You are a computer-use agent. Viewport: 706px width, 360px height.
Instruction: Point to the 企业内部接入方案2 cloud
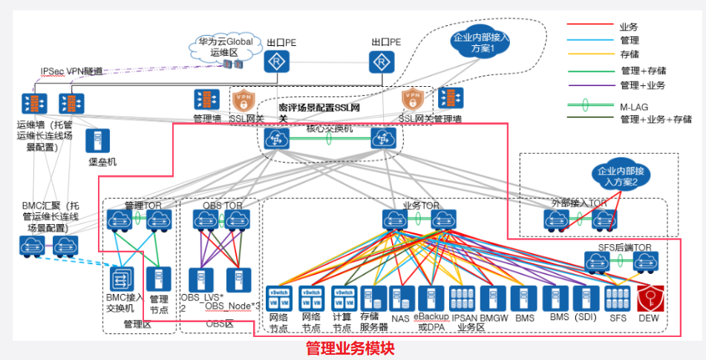coord(614,176)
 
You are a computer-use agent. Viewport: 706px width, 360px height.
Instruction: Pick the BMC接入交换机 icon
coord(120,280)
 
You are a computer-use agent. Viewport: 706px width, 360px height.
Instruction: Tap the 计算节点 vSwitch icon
coord(342,298)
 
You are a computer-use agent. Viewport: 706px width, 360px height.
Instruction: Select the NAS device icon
coord(401,298)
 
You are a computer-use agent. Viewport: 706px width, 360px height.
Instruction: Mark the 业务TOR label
coord(421,204)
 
